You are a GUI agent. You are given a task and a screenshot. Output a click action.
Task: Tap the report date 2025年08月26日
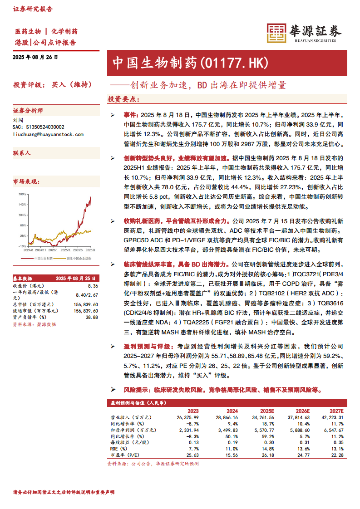[36, 57]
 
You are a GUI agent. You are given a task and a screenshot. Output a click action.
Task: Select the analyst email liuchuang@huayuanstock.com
[48, 134]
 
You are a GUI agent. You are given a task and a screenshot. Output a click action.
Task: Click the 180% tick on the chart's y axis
[22, 194]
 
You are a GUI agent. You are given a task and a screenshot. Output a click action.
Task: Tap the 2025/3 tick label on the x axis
[65, 250]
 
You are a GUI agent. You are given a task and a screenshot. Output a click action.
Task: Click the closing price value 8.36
[93, 286]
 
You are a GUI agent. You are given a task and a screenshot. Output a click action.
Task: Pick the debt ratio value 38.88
[91, 317]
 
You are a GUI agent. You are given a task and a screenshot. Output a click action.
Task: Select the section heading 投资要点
[123, 99]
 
